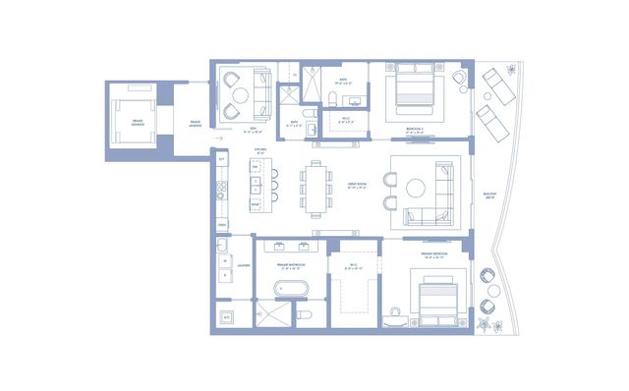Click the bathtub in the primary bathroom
click(290, 289)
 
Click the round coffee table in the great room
click(417, 187)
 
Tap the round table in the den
click(237, 96)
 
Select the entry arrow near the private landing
click(218, 140)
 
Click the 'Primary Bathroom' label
click(291, 264)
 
